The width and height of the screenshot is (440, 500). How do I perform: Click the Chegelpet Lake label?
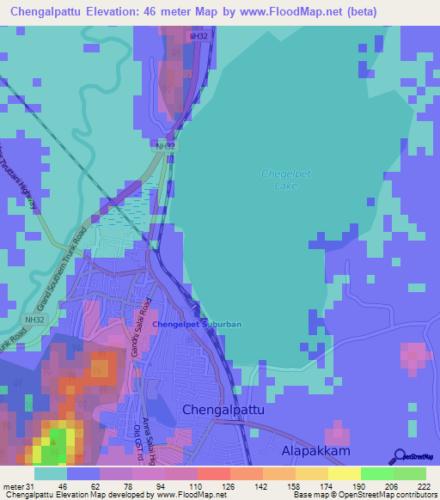click(x=278, y=180)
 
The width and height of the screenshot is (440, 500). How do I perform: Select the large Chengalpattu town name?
click(x=223, y=411)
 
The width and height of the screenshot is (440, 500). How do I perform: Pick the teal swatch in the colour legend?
click(x=50, y=473)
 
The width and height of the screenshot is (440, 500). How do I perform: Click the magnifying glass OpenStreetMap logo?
click(x=400, y=457)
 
